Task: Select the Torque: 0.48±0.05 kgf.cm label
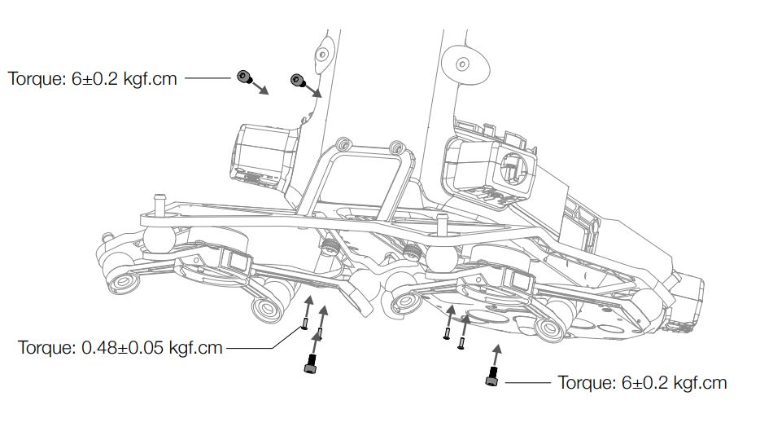(120, 348)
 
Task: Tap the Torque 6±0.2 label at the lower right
(641, 382)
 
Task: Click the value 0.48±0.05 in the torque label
(123, 348)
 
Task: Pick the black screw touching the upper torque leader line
(242, 77)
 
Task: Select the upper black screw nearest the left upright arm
(296, 79)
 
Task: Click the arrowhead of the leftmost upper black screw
(265, 92)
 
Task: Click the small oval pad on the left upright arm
(324, 54)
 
